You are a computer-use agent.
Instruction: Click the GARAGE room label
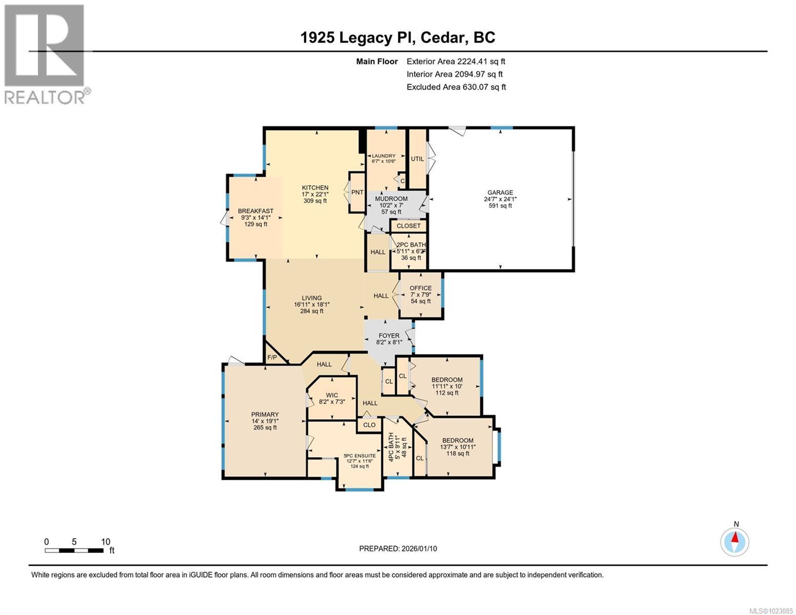pyautogui.click(x=500, y=192)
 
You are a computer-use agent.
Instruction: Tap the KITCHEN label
pyautogui.click(x=315, y=188)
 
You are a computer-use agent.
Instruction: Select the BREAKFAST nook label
pyautogui.click(x=256, y=211)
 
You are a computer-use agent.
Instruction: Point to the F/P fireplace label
pyautogui.click(x=272, y=357)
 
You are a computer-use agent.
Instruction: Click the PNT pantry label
pyautogui.click(x=357, y=192)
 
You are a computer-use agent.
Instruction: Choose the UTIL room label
pyautogui.click(x=417, y=158)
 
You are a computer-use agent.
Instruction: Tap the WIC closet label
pyautogui.click(x=332, y=395)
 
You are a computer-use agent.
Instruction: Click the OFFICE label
pyautogui.click(x=420, y=288)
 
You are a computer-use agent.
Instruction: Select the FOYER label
pyautogui.click(x=389, y=336)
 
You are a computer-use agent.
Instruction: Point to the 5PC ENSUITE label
pyautogui.click(x=359, y=456)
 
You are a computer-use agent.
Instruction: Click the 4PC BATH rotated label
pyautogui.click(x=391, y=447)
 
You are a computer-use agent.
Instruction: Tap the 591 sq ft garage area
pyautogui.click(x=500, y=206)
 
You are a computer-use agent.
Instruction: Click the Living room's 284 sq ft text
pyautogui.click(x=312, y=311)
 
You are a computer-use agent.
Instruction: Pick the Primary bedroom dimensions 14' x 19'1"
pyautogui.click(x=265, y=421)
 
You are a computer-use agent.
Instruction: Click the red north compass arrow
pyautogui.click(x=734, y=538)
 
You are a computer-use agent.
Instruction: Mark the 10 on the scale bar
pyautogui.click(x=106, y=542)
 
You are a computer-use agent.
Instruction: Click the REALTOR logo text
pyautogui.click(x=45, y=97)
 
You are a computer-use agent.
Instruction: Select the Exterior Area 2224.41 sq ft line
pyautogui.click(x=456, y=61)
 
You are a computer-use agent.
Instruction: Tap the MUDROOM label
pyautogui.click(x=391, y=198)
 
